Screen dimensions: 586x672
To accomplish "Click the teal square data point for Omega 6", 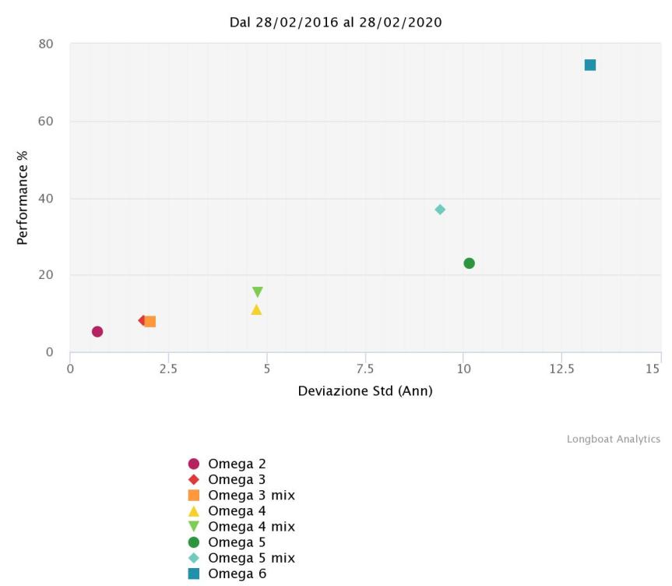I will point(590,65).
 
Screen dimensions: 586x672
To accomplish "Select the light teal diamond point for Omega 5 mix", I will point(440,210).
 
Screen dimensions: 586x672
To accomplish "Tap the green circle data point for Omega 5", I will point(469,263).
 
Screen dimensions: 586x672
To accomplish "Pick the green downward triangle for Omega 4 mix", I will point(257,292).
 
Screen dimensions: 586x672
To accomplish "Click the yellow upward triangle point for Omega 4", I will point(256,309).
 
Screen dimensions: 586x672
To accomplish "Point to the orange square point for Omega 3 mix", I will point(150,321).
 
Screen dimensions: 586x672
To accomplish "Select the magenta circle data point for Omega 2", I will point(97,331).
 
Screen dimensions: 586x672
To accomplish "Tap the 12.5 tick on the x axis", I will point(561,368).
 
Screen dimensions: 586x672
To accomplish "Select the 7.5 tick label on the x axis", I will point(365,368).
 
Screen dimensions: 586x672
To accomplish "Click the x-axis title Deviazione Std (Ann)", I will point(365,390).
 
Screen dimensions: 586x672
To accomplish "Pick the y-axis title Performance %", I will point(23,198).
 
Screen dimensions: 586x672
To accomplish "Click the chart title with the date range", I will point(336,23).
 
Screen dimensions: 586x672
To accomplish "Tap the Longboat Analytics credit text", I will point(613,439).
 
